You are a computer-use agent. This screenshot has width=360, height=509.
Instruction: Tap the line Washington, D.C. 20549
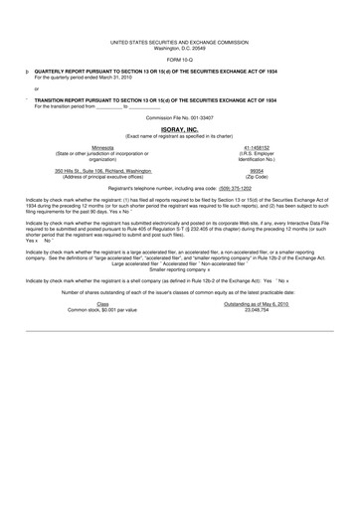coord(180,49)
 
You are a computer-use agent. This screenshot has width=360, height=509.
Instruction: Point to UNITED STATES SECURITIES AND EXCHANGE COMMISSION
coord(180,43)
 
